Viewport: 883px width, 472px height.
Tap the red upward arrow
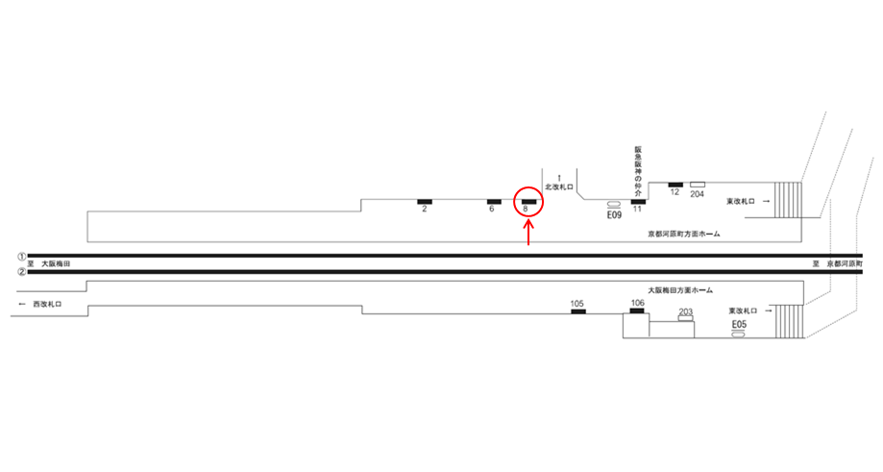click(528, 233)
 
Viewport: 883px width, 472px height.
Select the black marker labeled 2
click(424, 201)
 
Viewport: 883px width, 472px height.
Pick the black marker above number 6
click(493, 201)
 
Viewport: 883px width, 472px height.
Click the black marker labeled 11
click(637, 201)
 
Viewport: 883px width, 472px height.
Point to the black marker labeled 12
click(675, 184)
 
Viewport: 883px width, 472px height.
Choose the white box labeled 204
click(698, 184)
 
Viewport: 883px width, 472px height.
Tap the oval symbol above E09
click(614, 205)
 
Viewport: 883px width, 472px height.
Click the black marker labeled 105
click(577, 311)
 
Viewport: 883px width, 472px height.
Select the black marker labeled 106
click(637, 311)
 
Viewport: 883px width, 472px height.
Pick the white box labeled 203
click(685, 318)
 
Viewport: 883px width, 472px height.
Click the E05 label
click(739, 325)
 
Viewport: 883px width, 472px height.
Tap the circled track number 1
click(20, 257)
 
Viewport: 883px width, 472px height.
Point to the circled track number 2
click(20, 271)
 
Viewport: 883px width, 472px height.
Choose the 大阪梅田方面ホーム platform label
click(679, 289)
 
